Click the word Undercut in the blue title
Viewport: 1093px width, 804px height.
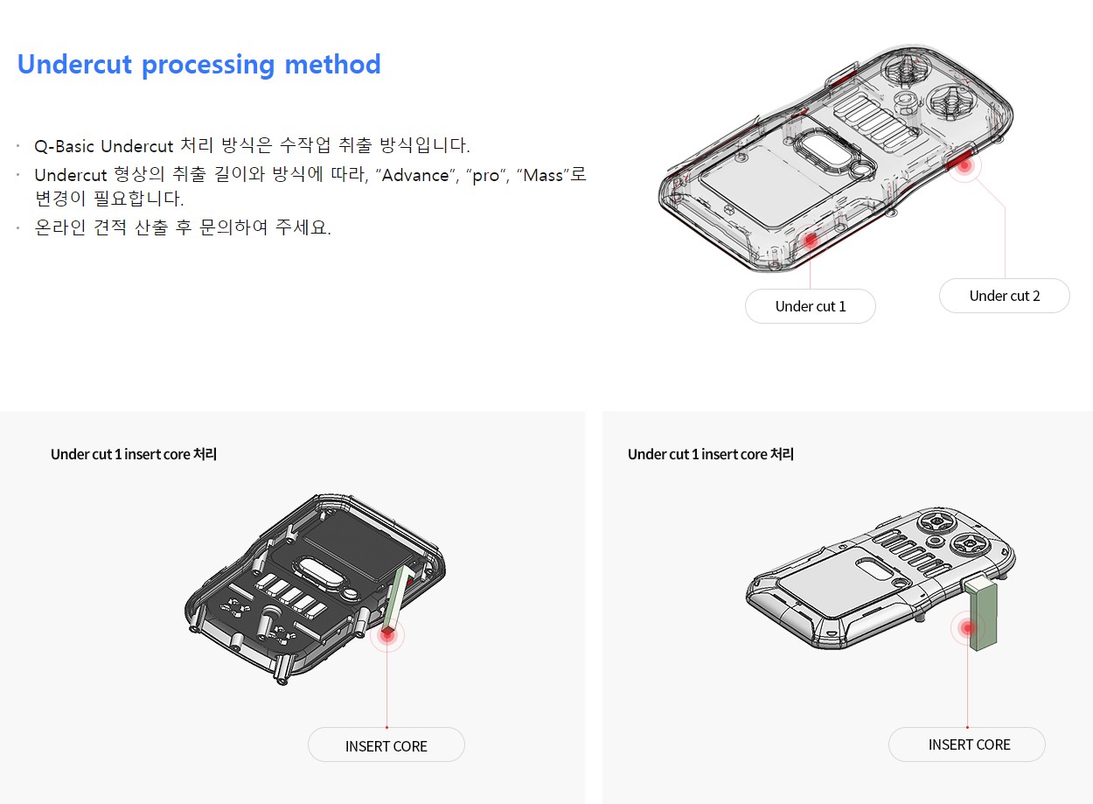74,64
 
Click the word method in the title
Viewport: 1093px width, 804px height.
332,64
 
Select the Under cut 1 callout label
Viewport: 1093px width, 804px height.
810,306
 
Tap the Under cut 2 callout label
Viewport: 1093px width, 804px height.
1004,296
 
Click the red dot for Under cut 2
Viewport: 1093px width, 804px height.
964,165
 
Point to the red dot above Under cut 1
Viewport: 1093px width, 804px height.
810,240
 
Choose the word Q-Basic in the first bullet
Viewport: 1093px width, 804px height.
65,146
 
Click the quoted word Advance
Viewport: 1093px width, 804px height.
415,175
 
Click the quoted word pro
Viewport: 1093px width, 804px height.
486,176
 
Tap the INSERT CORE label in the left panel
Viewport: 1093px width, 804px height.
386,746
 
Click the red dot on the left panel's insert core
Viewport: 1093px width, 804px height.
387,633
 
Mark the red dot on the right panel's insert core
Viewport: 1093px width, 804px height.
967,628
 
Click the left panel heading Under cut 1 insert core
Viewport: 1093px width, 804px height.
133,454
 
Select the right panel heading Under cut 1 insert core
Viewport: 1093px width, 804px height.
710,454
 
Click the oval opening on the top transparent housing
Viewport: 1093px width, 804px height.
827,149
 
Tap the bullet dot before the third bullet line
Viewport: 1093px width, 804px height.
18,227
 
